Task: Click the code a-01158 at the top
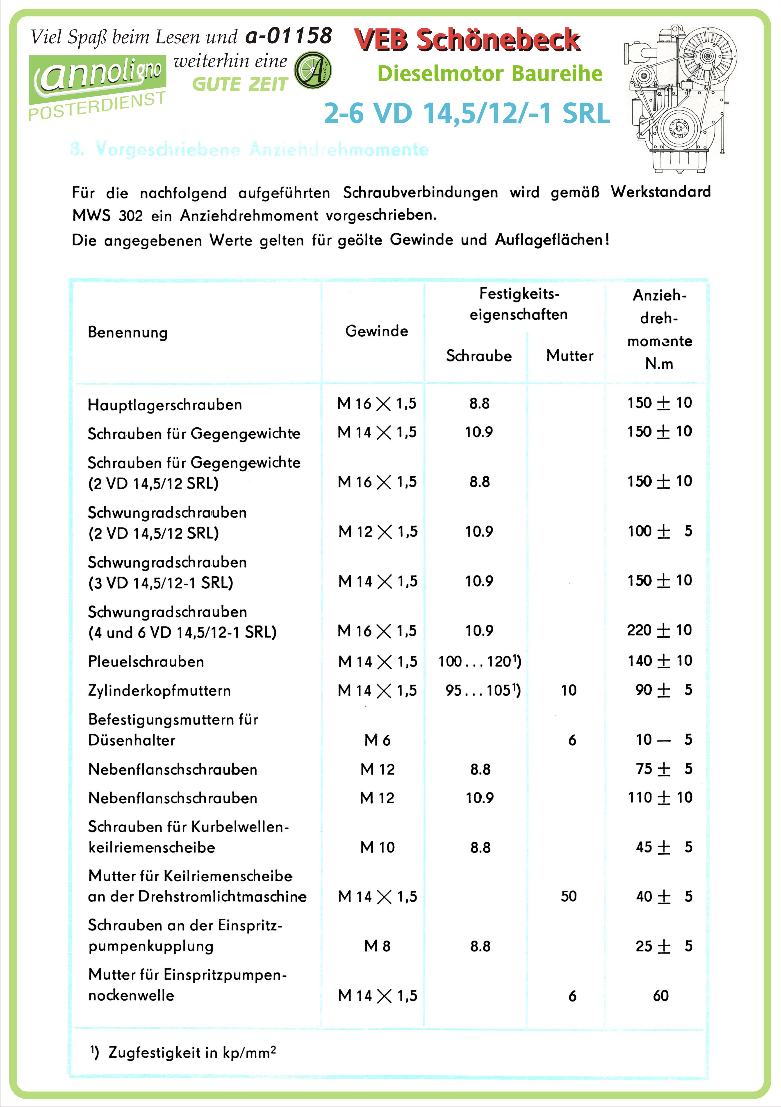288,36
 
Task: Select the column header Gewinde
376,331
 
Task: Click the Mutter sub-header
569,356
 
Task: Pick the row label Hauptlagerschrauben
165,405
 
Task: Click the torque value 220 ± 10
659,630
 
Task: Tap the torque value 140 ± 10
659,660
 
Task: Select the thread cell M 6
377,740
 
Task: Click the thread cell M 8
377,946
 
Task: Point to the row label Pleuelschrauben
146,662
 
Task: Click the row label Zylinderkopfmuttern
159,690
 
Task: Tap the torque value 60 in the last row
660,996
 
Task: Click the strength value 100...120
479,662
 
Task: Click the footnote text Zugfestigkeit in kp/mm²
192,1052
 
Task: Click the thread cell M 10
377,847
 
